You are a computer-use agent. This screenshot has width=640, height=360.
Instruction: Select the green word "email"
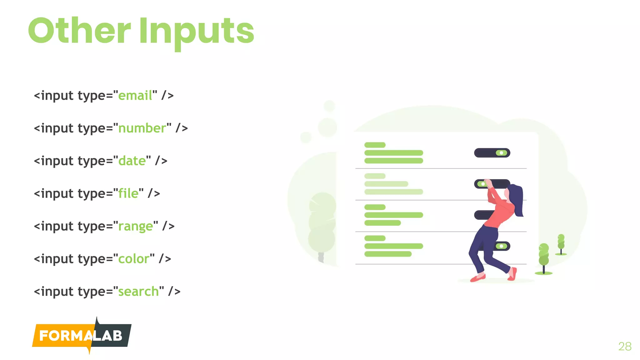coord(135,96)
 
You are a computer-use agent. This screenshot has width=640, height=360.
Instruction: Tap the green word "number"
coord(142,128)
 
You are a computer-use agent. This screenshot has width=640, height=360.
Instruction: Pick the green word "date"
coord(132,161)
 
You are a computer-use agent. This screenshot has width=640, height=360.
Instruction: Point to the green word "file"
coord(128,194)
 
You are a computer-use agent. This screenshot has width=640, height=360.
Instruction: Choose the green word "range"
coord(135,227)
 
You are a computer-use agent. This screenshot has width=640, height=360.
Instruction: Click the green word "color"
coord(134,259)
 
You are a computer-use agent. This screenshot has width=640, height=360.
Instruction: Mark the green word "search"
coord(138,292)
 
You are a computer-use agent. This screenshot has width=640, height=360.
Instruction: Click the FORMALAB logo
coord(82,336)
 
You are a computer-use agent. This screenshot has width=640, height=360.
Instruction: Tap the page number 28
coord(625,346)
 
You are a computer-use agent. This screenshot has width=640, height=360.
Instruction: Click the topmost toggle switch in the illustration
coord(492,153)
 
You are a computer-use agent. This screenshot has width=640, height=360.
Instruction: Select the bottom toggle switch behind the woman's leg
coord(502,246)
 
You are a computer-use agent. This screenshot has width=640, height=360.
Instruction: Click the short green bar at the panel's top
coord(375,145)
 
